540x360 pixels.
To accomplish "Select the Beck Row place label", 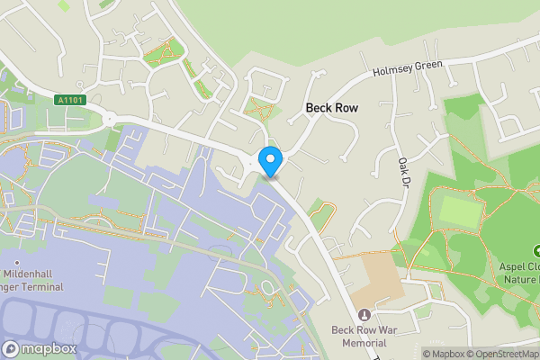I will [x=332, y=108].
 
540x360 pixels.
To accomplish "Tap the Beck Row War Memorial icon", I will [x=364, y=315].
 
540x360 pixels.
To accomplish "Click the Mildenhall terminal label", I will [x=31, y=280].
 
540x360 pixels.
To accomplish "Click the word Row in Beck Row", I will [x=346, y=108].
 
